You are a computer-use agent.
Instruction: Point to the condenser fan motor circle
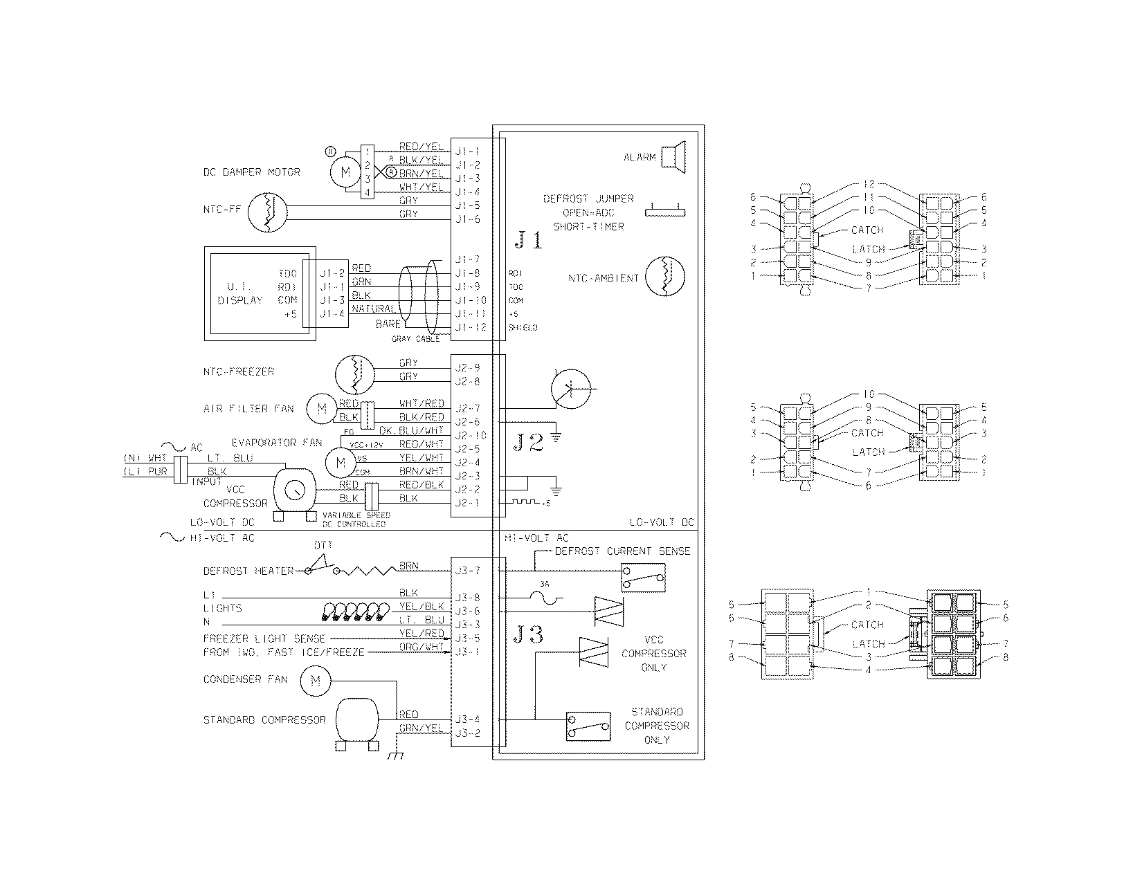pyautogui.click(x=315, y=681)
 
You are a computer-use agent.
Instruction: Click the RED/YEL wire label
pyautogui.click(x=421, y=147)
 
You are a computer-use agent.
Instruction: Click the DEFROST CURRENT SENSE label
pyautogui.click(x=622, y=551)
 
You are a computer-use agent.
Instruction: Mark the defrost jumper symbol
pyautogui.click(x=665, y=211)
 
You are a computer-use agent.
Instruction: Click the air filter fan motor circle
pyautogui.click(x=322, y=409)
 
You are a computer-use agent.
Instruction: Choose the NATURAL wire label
pyautogui.click(x=373, y=309)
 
